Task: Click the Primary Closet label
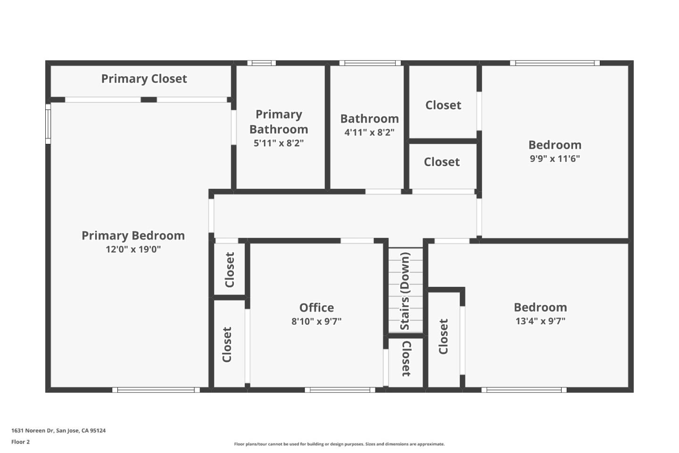[x=144, y=79]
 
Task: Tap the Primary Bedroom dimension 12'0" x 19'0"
[x=133, y=249]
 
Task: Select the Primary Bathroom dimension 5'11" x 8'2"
[x=279, y=143]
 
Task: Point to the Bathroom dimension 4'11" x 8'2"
[x=369, y=132]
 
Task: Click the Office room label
[x=316, y=308]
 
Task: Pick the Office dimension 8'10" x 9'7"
[x=316, y=321]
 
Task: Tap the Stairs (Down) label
[x=405, y=291]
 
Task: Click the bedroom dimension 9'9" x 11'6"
[x=555, y=159]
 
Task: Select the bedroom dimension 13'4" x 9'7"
[x=540, y=321]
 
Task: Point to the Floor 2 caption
[x=20, y=442]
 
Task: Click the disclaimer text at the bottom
[x=339, y=444]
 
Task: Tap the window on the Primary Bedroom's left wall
[x=48, y=124]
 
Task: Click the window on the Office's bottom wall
[x=339, y=390]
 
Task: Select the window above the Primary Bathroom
[x=262, y=63]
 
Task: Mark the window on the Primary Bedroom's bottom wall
[x=156, y=390]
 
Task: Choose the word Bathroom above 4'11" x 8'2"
[x=369, y=119]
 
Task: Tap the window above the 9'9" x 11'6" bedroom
[x=555, y=63]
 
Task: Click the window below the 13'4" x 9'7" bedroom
[x=524, y=390]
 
